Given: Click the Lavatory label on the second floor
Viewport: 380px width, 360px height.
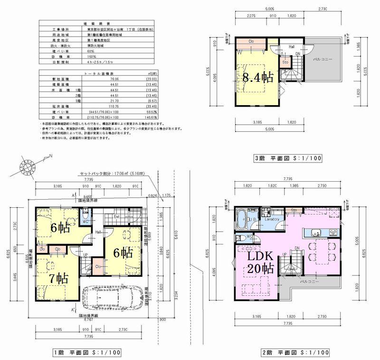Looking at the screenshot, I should pyautogui.click(x=271, y=219).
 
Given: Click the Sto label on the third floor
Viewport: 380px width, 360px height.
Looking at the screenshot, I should pyautogui.click(x=285, y=62).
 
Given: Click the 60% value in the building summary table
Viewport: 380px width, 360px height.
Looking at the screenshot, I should pyautogui.click(x=91, y=50).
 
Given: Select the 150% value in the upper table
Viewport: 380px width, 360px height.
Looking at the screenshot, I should pyautogui.click(x=92, y=56).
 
